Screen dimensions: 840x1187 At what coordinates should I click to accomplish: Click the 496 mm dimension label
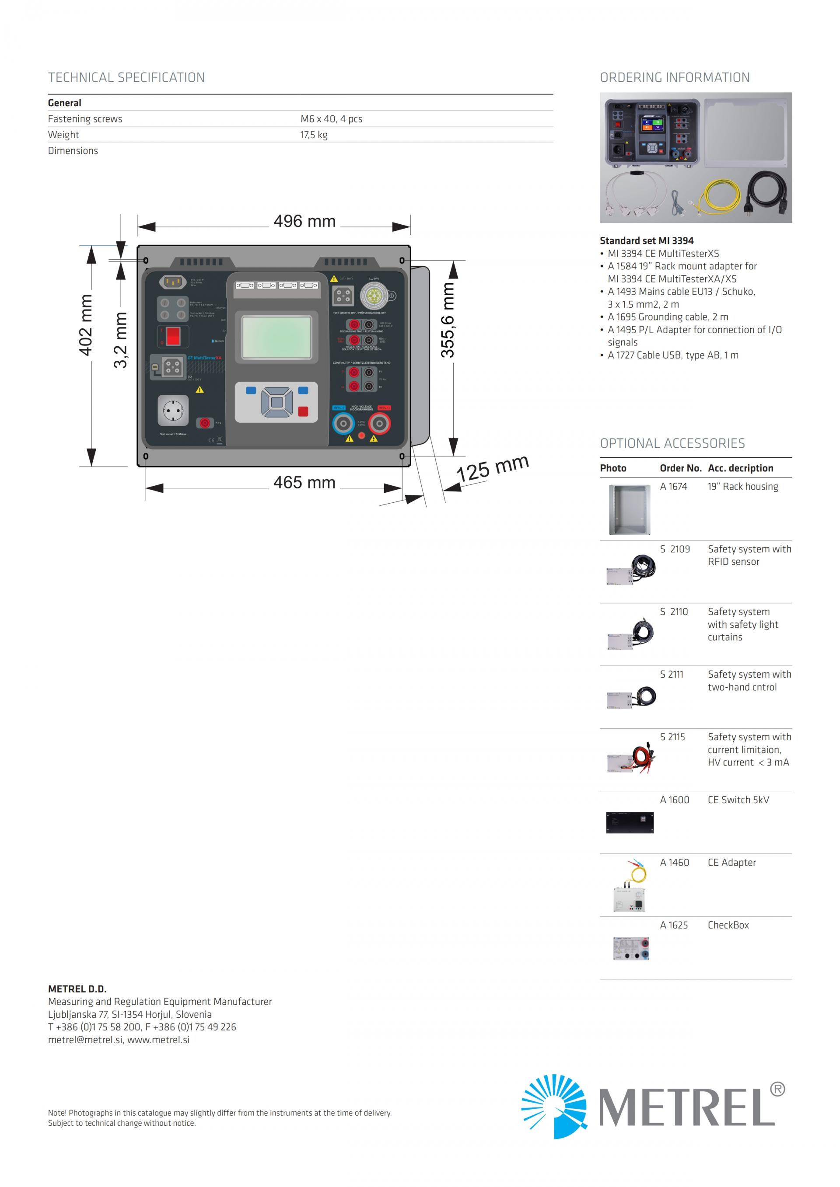(304, 221)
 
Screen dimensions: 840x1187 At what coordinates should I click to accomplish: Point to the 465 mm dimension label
(304, 483)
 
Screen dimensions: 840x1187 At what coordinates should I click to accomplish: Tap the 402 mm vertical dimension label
(86, 325)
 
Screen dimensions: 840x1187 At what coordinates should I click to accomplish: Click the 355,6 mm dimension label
(448, 320)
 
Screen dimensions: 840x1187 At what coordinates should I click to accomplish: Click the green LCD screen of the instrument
(277, 337)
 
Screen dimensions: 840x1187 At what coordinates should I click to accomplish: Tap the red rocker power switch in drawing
(173, 336)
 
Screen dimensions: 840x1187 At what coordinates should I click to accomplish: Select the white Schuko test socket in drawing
(173, 410)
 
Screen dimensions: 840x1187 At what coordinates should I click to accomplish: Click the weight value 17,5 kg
(314, 135)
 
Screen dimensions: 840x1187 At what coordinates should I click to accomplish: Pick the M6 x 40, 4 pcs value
(331, 119)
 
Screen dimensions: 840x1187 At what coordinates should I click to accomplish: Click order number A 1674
(673, 487)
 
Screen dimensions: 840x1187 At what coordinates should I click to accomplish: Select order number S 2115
(672, 737)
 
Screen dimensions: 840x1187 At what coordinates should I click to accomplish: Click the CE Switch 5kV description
(738, 800)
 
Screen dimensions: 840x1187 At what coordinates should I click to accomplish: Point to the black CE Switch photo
(630, 822)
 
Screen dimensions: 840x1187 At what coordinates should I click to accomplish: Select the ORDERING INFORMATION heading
(675, 77)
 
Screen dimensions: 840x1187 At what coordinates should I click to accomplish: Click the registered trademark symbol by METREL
(777, 1090)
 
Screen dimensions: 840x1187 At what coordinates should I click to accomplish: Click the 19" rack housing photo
(629, 510)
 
